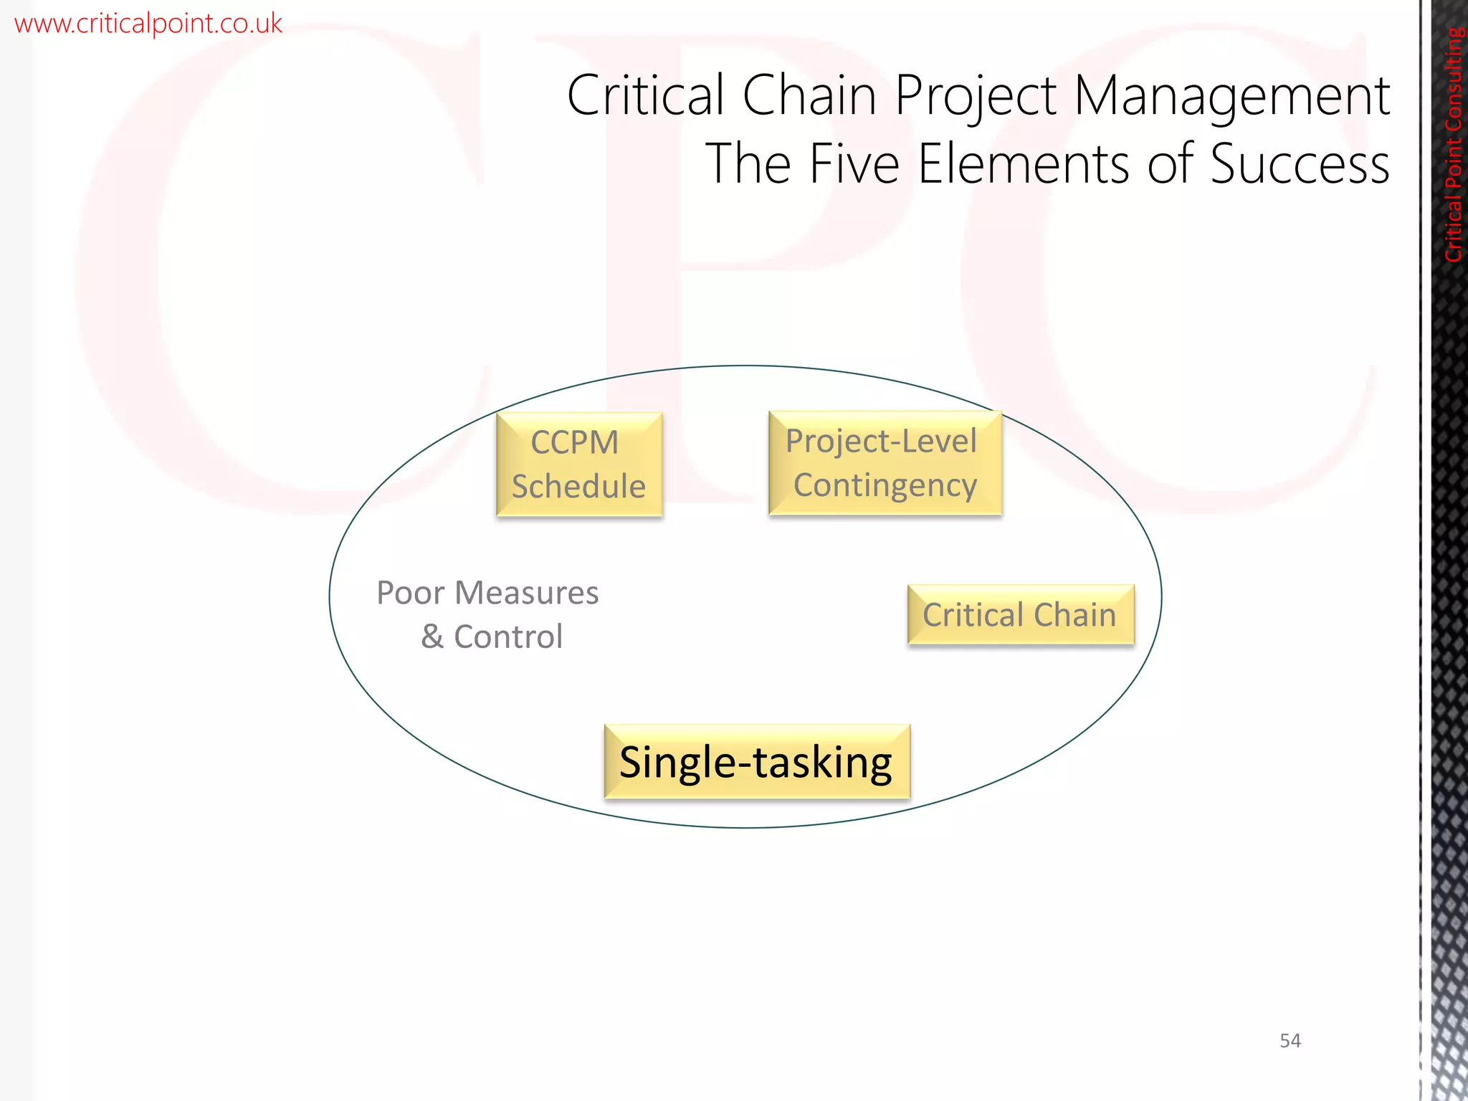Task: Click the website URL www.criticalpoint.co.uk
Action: (148, 24)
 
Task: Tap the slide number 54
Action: (1290, 1040)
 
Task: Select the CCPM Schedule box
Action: (579, 464)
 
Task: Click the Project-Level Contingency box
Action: (885, 463)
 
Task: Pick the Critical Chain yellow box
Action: (1020, 615)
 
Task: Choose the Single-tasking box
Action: (757, 761)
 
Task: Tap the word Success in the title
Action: (1300, 164)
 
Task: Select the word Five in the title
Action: (854, 164)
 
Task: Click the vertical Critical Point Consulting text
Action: (1453, 144)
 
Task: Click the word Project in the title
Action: (976, 97)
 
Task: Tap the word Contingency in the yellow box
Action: (885, 485)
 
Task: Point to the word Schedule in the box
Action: (578, 487)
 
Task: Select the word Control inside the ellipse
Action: (508, 637)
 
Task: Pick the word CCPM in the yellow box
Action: (574, 442)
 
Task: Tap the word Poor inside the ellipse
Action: (410, 593)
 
